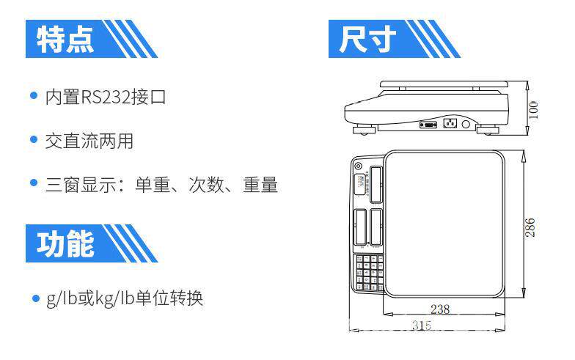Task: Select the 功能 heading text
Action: click(66, 244)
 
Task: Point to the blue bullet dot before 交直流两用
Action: click(33, 141)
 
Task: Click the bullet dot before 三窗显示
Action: click(33, 184)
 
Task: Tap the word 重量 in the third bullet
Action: click(260, 185)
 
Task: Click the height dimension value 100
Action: click(533, 109)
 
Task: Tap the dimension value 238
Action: click(440, 309)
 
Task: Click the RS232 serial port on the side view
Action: click(427, 125)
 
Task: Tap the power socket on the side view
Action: click(450, 123)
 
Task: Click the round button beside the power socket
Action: click(465, 125)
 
